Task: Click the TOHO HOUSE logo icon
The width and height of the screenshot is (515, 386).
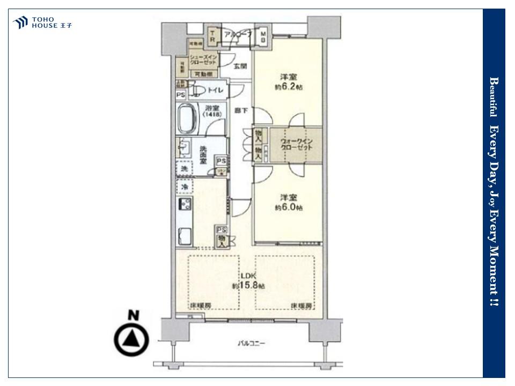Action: [x=20, y=23]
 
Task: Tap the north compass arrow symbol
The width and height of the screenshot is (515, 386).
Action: [x=131, y=338]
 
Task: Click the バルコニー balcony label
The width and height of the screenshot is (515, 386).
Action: [x=252, y=343]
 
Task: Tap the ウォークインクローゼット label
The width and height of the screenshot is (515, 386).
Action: [x=296, y=144]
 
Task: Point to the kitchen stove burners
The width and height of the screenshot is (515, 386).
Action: [x=186, y=204]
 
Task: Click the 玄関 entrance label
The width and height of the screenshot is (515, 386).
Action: [x=240, y=66]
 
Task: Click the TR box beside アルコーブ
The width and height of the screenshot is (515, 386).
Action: [x=212, y=36]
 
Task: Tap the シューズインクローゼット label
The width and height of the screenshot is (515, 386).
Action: [x=202, y=60]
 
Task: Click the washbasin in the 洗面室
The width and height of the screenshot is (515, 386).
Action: [x=184, y=147]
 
